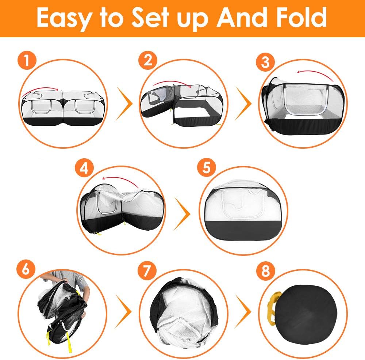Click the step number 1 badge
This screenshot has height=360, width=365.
27,60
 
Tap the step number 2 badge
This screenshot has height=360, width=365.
148,60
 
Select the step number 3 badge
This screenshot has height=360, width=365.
265,62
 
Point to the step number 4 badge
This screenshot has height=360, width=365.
84,168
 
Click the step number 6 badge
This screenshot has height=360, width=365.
26,269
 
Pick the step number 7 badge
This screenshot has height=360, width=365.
147,270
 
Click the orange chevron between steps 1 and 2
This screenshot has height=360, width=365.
124,103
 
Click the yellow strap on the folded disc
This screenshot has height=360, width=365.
272,308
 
